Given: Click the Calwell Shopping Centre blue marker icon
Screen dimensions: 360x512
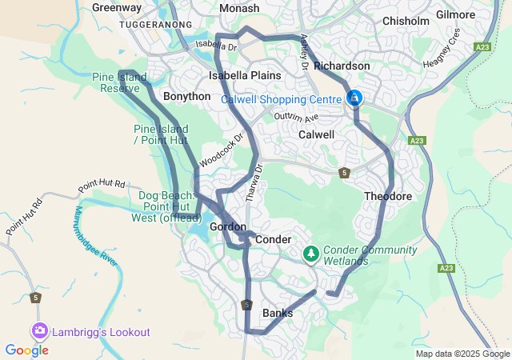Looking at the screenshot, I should click(354, 98).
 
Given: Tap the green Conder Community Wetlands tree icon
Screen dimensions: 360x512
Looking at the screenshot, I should click(311, 254).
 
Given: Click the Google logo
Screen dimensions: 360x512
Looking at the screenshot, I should click(26, 350).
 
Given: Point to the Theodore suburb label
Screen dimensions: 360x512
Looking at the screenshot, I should click(387, 196).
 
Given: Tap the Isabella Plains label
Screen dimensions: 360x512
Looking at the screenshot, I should click(245, 75).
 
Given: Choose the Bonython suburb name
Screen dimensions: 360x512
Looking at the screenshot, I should click(186, 96).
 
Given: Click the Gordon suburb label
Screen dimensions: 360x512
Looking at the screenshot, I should click(227, 227).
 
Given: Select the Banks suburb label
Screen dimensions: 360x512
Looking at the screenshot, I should click(278, 313).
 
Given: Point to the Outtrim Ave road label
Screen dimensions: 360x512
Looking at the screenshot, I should click(296, 117).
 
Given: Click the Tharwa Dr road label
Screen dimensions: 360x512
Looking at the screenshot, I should click(258, 182).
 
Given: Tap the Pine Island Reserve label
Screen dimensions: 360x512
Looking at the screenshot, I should click(120, 82).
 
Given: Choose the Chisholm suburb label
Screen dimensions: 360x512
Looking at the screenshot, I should click(406, 21).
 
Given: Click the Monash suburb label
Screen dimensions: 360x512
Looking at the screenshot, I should click(239, 8).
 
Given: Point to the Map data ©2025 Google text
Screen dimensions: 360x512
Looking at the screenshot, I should click(462, 354).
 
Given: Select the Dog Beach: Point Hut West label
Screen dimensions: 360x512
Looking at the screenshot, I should click(166, 206).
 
